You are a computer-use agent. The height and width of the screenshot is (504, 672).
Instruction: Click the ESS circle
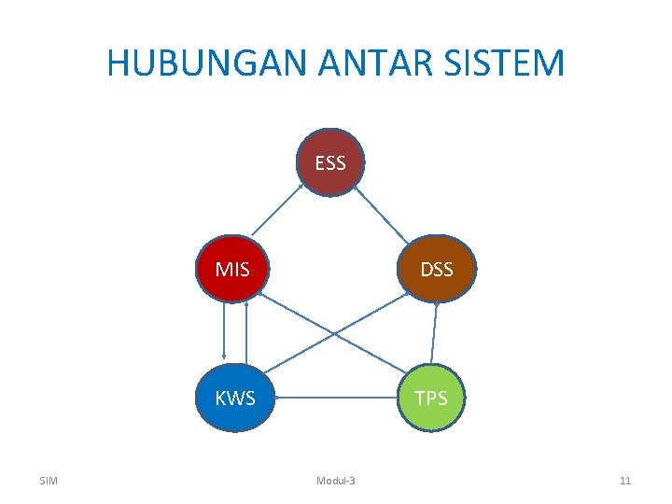click(330, 162)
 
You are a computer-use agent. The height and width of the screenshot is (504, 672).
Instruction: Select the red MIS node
click(232, 270)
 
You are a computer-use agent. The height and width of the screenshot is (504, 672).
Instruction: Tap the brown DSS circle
click(436, 270)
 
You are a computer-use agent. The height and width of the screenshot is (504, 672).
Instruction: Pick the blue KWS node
click(234, 399)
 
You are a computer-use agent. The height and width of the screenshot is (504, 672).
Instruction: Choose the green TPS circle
click(430, 399)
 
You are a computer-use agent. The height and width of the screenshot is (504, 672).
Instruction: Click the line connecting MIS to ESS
click(277, 214)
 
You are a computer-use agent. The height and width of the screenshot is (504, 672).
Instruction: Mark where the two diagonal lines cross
click(335, 333)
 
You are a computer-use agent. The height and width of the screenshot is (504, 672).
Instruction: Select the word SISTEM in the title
click(510, 63)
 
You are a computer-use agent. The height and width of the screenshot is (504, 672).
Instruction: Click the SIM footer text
click(49, 481)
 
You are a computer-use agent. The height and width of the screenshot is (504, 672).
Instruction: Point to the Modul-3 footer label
click(336, 481)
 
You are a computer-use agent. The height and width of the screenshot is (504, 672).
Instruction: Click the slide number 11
click(625, 481)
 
